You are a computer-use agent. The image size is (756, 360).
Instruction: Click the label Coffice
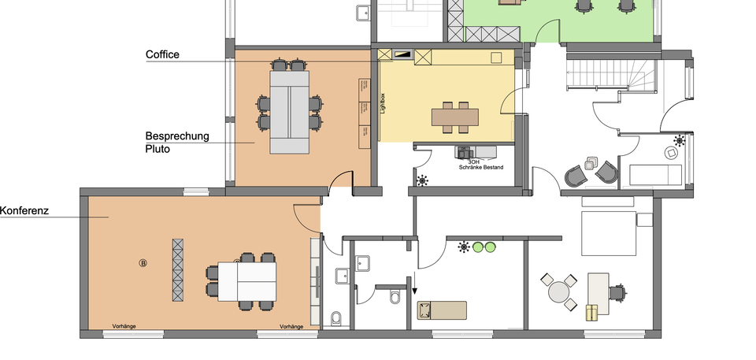click(x=163, y=55)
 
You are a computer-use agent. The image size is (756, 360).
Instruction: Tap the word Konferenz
click(x=25, y=211)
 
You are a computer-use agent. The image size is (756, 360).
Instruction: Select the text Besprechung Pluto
click(x=177, y=142)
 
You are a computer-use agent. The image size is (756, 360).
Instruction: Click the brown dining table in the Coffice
click(x=454, y=117)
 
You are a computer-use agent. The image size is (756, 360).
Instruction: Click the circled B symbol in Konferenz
click(x=143, y=262)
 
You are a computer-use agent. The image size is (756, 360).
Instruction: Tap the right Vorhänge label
click(x=291, y=326)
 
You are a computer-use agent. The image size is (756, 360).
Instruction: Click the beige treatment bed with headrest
click(x=442, y=310)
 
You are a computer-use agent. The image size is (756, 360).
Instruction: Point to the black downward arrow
click(x=416, y=290)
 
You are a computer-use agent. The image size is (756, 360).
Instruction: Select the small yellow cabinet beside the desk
click(x=592, y=313)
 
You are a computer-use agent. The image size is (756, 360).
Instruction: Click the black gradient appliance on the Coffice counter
click(x=402, y=54)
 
